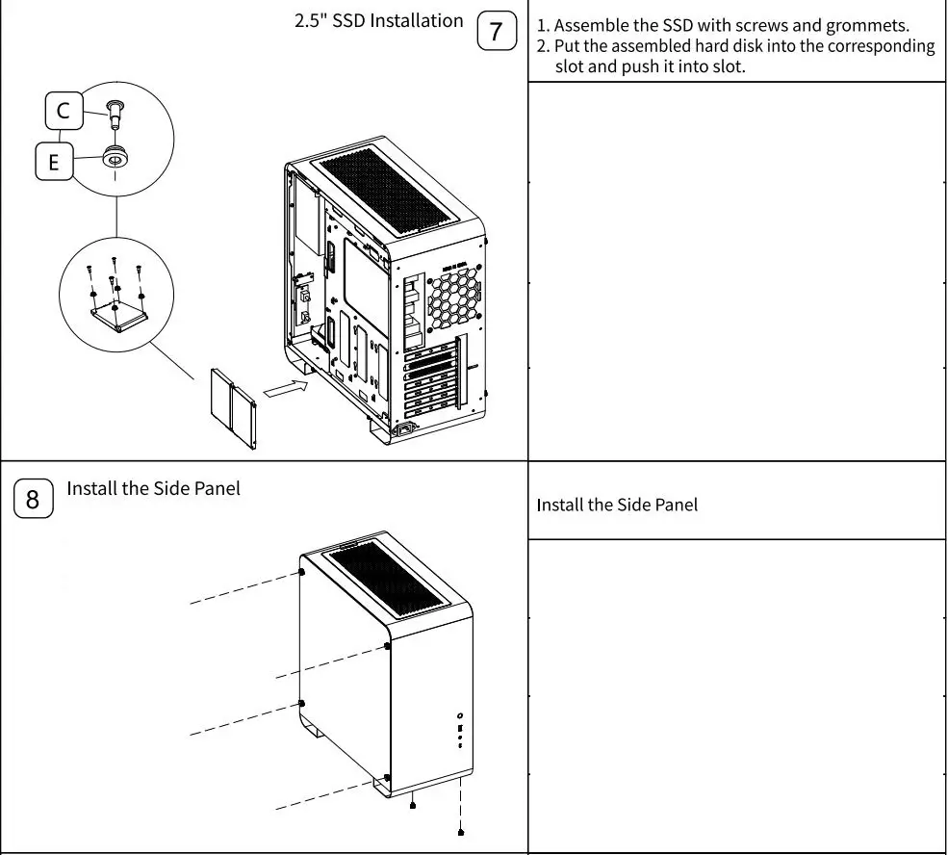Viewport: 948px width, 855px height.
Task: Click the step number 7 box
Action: tap(497, 32)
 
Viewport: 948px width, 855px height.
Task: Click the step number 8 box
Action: tap(33, 499)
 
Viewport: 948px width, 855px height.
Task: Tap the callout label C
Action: tap(64, 112)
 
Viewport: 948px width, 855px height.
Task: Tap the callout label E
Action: tap(54, 162)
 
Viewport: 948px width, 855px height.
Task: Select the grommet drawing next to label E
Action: tap(116, 154)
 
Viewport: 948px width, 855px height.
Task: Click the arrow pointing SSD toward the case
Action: tap(286, 390)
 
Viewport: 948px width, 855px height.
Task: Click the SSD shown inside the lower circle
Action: tap(118, 316)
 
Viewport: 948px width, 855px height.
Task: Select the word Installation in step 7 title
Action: tap(415, 21)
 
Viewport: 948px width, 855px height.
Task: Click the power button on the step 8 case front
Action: tap(461, 715)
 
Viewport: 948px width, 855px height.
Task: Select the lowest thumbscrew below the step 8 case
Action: tap(462, 831)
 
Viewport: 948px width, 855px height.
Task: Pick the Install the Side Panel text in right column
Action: tap(616, 505)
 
